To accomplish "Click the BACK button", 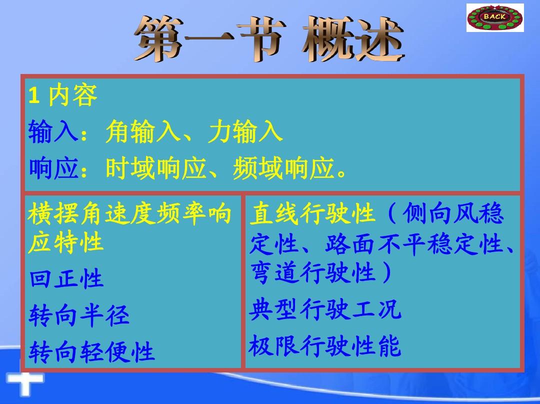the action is point(495,17).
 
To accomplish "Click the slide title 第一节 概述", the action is point(269,38).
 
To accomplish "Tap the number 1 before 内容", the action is point(34,95).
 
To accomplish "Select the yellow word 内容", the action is point(72,95).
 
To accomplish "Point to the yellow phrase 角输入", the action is point(143,131).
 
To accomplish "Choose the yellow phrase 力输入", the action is point(245,131).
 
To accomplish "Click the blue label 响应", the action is point(53,168).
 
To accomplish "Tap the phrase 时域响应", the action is point(156,168).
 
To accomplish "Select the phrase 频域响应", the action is point(283,168).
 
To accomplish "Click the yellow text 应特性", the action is point(66,242).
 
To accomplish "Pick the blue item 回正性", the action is point(66,278).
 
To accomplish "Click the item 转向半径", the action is point(79,315).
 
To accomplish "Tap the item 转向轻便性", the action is point(91,351).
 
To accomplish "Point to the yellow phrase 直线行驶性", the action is point(312,213).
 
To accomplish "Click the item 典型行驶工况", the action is point(325,309).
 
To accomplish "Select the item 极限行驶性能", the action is point(325,345).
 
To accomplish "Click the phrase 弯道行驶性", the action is point(312,273).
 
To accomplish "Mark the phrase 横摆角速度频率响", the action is point(129,213).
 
